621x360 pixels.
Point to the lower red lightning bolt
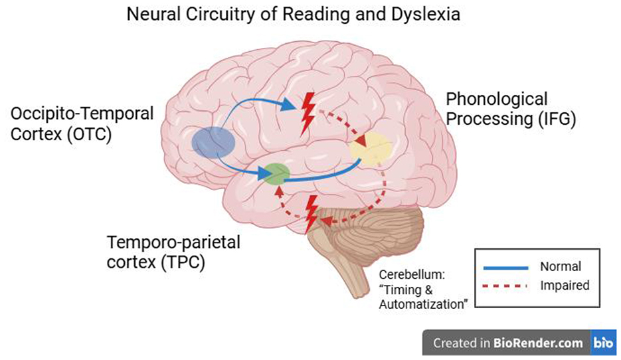click(310, 213)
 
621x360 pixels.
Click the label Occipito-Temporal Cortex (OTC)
click(81, 123)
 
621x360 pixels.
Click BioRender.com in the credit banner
click(538, 343)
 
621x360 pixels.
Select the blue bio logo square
click(604, 343)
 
